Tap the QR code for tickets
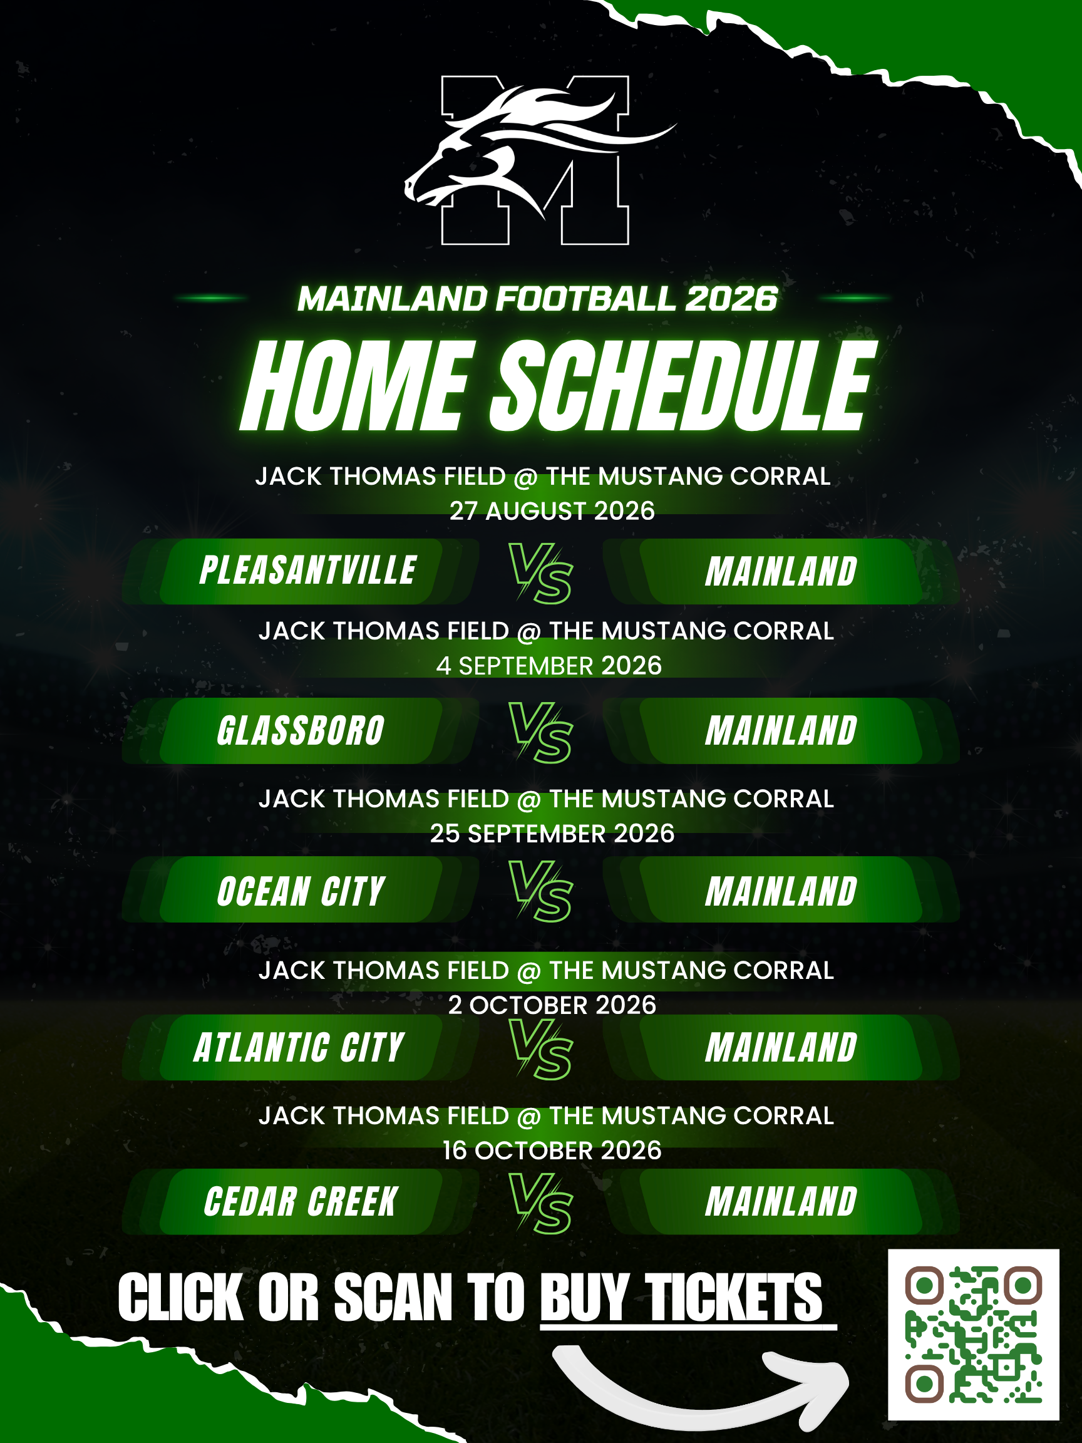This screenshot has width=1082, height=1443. coord(973,1335)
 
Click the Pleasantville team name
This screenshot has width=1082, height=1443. coord(308,571)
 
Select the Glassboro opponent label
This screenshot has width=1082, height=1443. coord(301,731)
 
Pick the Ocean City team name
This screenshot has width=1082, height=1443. coord(301,891)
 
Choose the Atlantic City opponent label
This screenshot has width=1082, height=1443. coord(299,1048)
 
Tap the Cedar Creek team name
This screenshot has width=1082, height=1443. coord(301,1202)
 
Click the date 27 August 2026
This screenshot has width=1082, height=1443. coord(552,511)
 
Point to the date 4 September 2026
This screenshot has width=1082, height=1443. coord(549,666)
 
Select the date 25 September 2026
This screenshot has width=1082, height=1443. coord(552,834)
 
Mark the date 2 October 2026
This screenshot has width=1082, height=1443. coord(552,1005)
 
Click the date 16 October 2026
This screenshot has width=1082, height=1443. coord(552,1151)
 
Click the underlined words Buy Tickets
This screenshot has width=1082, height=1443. coord(681,1298)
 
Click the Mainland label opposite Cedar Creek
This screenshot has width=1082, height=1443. coord(781,1202)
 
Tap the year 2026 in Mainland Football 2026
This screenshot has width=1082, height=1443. coord(732,299)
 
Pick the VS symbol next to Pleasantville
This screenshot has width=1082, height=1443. coord(540,573)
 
